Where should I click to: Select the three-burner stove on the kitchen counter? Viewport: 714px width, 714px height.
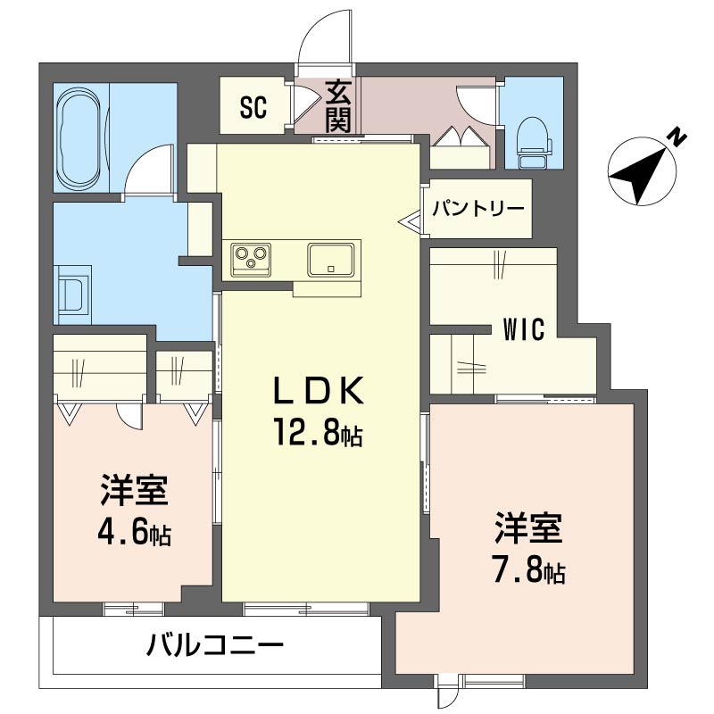(x=251, y=259)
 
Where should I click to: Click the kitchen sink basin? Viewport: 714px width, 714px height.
(x=331, y=260)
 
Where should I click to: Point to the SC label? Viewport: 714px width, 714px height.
(x=253, y=107)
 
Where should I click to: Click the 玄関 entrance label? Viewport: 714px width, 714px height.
(x=338, y=106)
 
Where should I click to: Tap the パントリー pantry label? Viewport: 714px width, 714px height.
(x=478, y=209)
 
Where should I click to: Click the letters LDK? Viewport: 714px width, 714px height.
(x=319, y=390)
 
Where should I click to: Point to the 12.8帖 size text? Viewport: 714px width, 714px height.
(x=318, y=432)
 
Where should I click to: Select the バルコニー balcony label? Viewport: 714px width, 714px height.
(x=215, y=644)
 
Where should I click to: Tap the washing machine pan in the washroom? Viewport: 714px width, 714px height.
(x=73, y=295)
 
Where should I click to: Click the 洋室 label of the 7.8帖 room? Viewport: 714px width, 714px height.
(x=528, y=528)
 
